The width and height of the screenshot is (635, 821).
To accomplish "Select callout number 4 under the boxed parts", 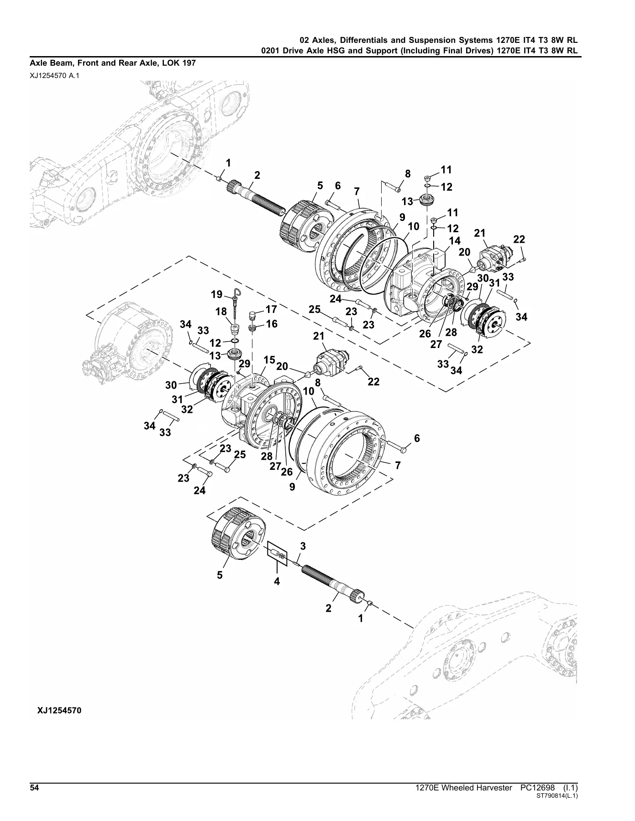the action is click(x=277, y=582).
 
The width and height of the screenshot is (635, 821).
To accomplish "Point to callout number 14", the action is click(x=455, y=240).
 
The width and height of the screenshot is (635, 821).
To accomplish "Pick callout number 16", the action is click(x=271, y=324).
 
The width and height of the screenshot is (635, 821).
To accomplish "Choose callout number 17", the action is click(x=271, y=309).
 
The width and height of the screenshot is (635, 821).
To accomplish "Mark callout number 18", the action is click(x=221, y=311).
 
